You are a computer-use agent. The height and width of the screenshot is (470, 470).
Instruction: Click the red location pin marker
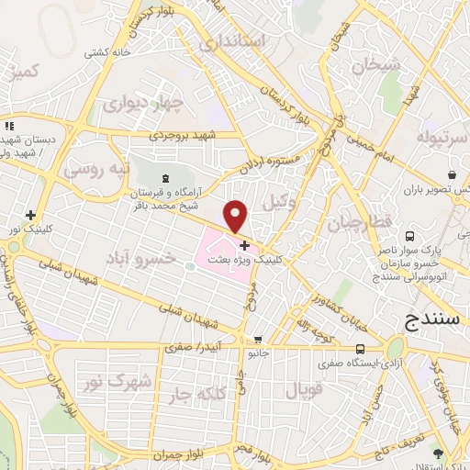pos(237,217)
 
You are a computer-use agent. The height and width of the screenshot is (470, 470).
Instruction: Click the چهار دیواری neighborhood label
pos(130,103)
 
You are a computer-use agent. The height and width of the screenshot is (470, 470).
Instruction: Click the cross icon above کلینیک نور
pos(30,214)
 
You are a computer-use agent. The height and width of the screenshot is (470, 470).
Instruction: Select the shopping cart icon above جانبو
pos(258,339)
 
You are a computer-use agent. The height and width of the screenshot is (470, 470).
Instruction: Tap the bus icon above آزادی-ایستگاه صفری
pos(361,349)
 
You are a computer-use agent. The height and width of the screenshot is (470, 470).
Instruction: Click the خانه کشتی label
pos(106,52)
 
